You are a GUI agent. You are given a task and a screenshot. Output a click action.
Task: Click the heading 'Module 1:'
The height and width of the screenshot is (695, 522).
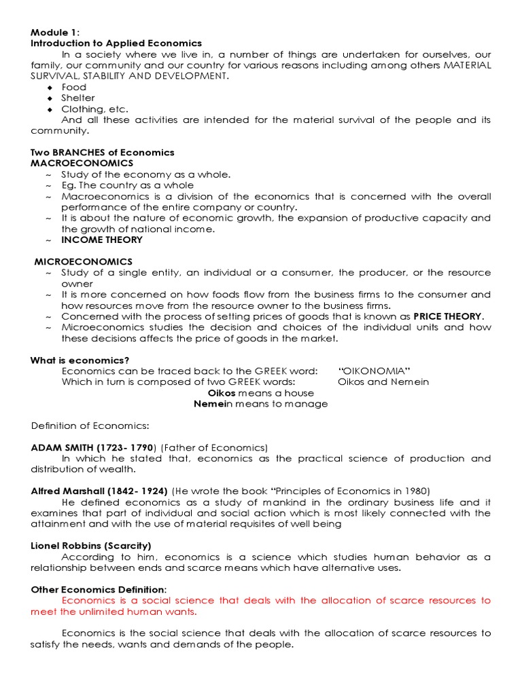pyautogui.click(x=56, y=32)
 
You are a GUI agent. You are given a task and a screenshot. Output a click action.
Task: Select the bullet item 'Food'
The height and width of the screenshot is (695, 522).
pyautogui.click(x=74, y=87)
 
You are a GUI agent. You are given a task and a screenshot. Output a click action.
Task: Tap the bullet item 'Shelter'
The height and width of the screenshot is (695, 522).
pyautogui.click(x=78, y=98)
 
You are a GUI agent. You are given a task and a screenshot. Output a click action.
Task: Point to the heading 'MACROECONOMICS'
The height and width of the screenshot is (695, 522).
pyautogui.click(x=82, y=163)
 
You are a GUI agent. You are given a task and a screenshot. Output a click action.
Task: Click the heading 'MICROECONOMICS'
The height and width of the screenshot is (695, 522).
pyautogui.click(x=84, y=261)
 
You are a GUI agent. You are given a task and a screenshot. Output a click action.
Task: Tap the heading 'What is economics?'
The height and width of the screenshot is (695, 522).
pyautogui.click(x=80, y=360)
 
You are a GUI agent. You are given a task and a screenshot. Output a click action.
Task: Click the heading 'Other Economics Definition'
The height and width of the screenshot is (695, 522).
pyautogui.click(x=97, y=589)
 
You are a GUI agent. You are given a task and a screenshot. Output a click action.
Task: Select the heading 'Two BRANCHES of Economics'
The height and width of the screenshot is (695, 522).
pyautogui.click(x=102, y=152)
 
